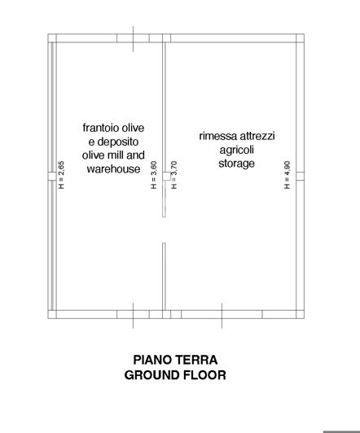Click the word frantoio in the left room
click(100, 129)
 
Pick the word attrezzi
click(257, 136)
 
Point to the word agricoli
click(237, 150)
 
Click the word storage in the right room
click(237, 164)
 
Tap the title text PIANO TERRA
click(175, 359)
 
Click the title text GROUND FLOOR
click(175, 375)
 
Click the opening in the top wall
click(134, 37)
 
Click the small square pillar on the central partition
click(165, 173)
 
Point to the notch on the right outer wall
click(300, 173)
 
